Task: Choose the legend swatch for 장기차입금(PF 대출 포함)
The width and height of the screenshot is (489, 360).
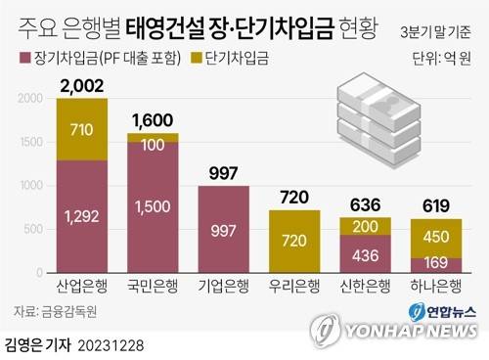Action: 26,58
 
